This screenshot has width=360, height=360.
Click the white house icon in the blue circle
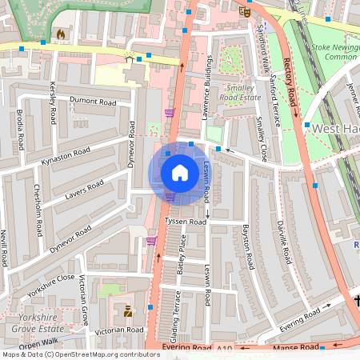coord(180,172)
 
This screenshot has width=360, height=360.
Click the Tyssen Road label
coord(186,222)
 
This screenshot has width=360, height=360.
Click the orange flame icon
coord(61,34)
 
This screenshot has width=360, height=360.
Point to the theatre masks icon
coord(245,11)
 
